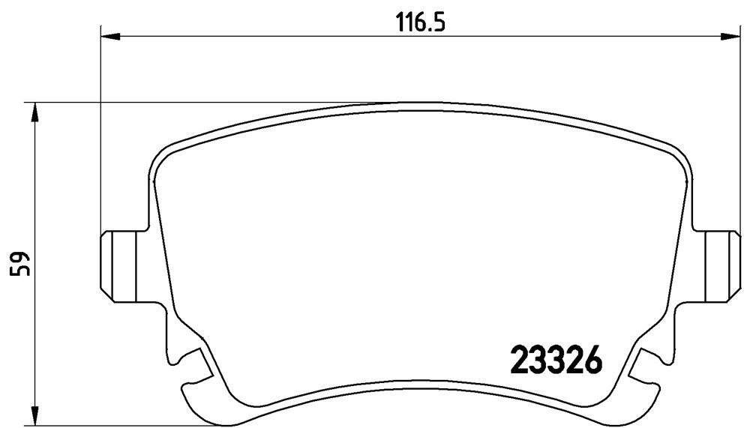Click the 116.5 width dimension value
click(x=421, y=22)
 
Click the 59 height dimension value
click(x=22, y=264)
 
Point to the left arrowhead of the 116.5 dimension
click(x=110, y=36)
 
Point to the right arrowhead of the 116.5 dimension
click(x=730, y=36)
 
